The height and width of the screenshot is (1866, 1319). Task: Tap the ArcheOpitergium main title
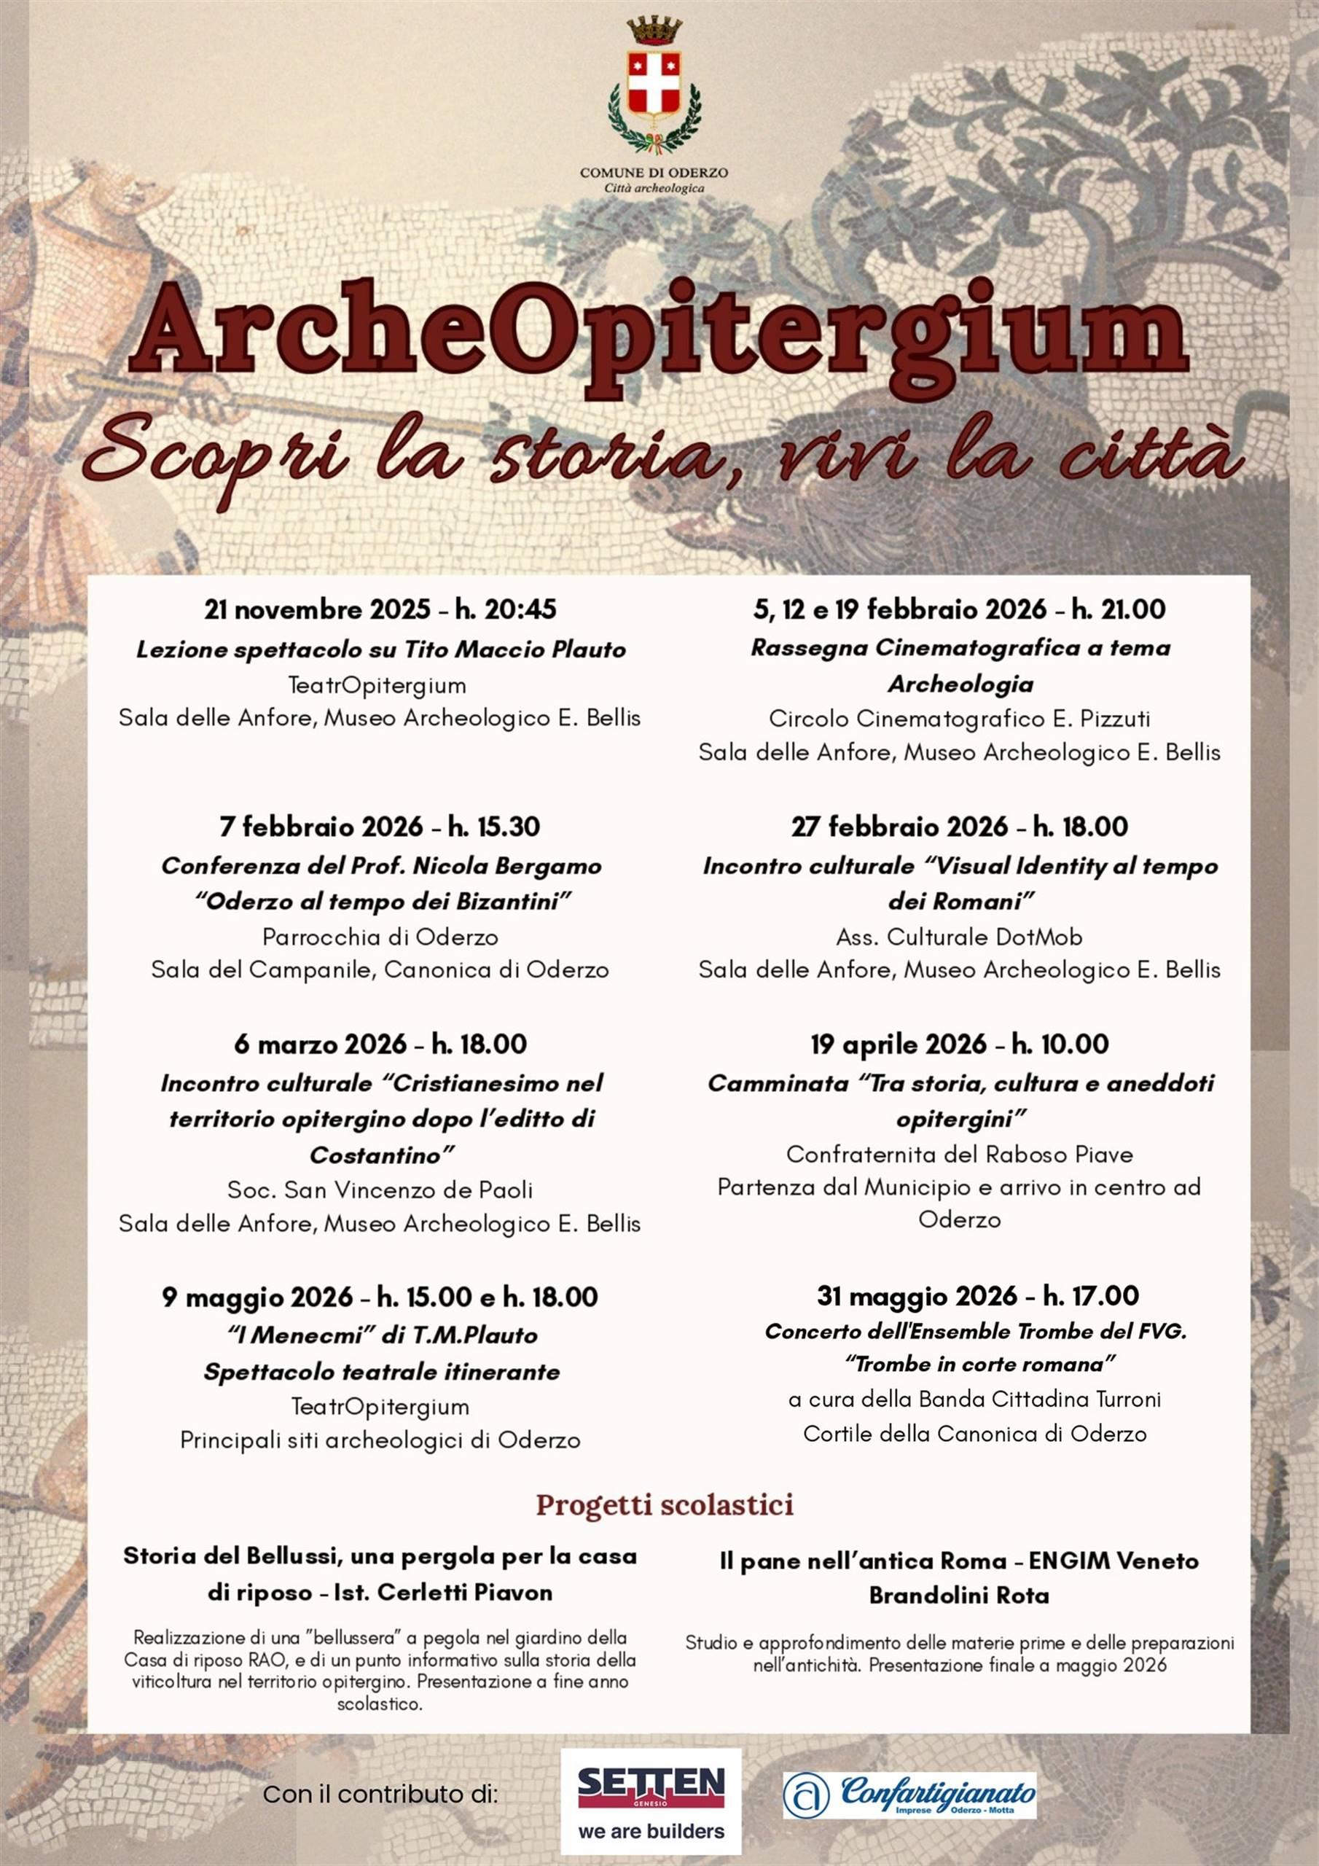click(x=659, y=338)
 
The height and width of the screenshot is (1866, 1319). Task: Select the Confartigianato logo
click(x=909, y=1795)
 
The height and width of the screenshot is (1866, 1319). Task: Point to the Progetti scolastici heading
click(x=664, y=1504)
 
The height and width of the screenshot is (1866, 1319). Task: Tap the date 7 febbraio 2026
click(x=321, y=827)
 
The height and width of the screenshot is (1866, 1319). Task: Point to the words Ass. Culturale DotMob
click(x=959, y=937)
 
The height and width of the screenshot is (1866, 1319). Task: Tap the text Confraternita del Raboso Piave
click(x=959, y=1154)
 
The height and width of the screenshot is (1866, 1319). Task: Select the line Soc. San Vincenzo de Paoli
click(x=380, y=1190)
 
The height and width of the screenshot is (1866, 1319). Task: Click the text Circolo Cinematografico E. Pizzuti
click(x=959, y=719)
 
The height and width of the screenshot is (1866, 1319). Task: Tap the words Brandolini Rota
click(x=959, y=1596)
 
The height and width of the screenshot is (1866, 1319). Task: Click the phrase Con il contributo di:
click(x=380, y=1795)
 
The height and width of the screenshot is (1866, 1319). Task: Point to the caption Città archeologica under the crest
click(x=654, y=189)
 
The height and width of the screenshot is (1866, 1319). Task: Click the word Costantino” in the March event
click(x=381, y=1155)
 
